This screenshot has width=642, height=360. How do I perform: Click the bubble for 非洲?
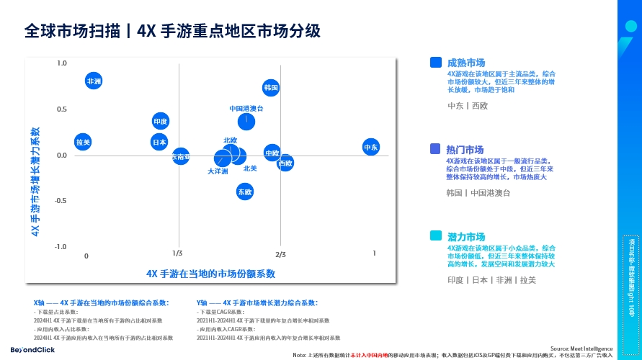pos(94,81)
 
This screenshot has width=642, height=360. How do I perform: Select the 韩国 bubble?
pos(271,88)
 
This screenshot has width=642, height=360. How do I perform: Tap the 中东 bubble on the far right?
pos(371,147)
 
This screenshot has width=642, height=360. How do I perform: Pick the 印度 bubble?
pos(161,122)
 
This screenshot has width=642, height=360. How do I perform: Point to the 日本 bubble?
pos(159,142)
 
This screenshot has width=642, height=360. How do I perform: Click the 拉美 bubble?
pos(83,142)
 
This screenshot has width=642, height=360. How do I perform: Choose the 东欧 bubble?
pos(245,192)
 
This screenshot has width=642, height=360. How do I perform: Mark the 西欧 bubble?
pos(285,163)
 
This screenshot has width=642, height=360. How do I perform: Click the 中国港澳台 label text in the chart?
pos(246,108)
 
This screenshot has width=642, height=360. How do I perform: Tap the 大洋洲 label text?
pos(218,171)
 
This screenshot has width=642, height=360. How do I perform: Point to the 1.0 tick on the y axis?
pos(62,63)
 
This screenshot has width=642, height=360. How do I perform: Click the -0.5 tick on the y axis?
pos(61,201)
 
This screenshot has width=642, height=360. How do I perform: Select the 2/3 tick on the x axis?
pos(280,254)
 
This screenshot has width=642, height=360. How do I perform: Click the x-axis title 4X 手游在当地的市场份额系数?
pos(210,274)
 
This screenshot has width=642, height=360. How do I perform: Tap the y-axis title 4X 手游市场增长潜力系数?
pos(35,182)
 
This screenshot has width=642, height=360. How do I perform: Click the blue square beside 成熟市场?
pos(435,63)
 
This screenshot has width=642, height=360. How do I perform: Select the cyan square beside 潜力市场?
pos(435,236)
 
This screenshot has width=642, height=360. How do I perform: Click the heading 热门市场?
pos(465,149)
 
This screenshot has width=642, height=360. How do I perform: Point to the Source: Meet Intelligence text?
pos(581,347)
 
